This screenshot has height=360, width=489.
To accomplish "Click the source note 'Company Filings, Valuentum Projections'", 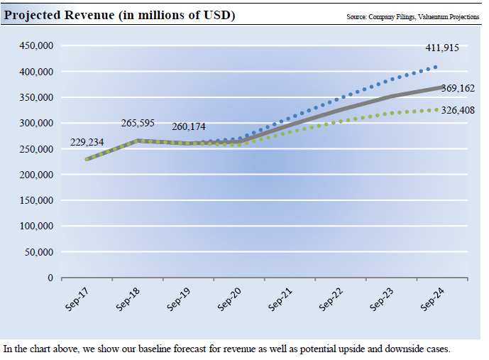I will tap(412, 16).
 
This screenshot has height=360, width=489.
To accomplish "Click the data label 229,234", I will tap(87, 143).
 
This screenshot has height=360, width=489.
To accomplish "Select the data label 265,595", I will tap(138, 123).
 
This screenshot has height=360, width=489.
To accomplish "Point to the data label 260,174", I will tap(188, 127).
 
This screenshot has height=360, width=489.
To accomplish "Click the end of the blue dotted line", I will tap(436, 67).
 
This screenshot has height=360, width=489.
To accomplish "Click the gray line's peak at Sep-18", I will tap(138, 141).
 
